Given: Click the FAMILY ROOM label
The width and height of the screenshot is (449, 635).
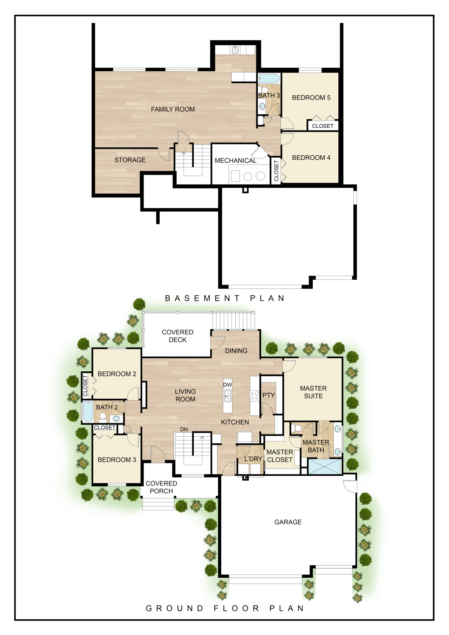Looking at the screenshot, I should [x=173, y=109].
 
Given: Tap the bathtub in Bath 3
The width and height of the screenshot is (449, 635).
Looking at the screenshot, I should [x=269, y=78].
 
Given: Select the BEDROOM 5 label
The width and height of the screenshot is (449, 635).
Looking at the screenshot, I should [x=311, y=98].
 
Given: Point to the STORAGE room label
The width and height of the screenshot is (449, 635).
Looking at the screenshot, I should [x=130, y=160].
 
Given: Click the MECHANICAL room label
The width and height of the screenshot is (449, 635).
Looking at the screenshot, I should [x=235, y=161].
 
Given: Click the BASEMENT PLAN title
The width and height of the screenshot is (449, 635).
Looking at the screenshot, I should [x=225, y=298].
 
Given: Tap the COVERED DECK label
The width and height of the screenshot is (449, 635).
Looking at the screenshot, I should [x=177, y=336].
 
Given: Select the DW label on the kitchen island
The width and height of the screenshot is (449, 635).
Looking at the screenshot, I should [x=227, y=385].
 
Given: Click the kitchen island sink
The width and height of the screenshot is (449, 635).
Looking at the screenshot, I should [x=228, y=396].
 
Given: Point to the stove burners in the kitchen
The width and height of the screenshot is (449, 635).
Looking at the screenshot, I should [x=255, y=396].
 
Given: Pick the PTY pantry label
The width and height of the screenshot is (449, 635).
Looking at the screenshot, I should [x=269, y=395].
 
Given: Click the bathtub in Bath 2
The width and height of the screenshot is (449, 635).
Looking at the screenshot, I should [x=88, y=412].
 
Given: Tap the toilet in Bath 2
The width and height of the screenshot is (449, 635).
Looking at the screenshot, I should [x=103, y=418].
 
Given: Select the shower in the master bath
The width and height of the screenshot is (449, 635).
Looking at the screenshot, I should [x=324, y=467].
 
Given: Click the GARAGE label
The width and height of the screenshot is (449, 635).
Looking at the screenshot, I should [x=288, y=522].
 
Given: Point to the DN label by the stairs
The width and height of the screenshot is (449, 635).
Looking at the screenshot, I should [x=184, y=429].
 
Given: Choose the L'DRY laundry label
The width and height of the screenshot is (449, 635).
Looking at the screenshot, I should [x=253, y=459].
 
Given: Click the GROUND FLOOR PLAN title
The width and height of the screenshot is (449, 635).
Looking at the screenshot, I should [x=225, y=608].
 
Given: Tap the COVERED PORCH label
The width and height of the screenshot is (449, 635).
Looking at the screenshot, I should [x=161, y=487].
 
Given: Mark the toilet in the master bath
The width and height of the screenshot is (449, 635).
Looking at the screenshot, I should [x=296, y=429].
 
